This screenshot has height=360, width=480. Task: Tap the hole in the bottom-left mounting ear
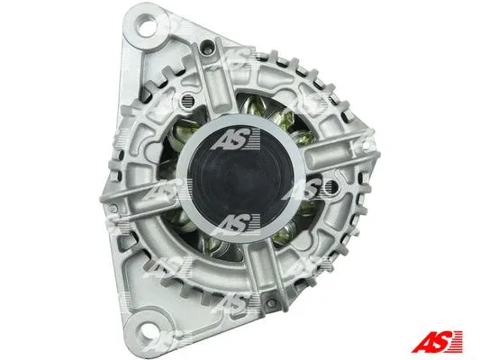pyautogui.click(x=143, y=329)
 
